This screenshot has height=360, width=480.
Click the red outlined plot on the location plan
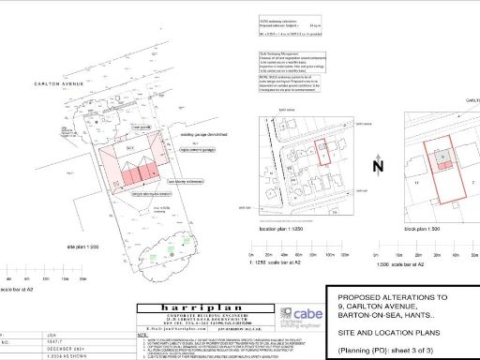tap(321, 153)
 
